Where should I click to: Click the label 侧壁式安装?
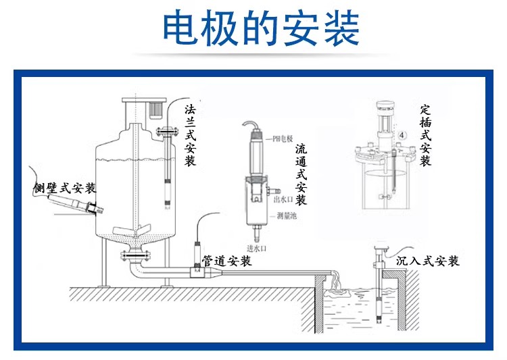[x=64, y=188]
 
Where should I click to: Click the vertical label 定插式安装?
[x=425, y=135]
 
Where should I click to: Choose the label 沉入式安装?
[x=427, y=261]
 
